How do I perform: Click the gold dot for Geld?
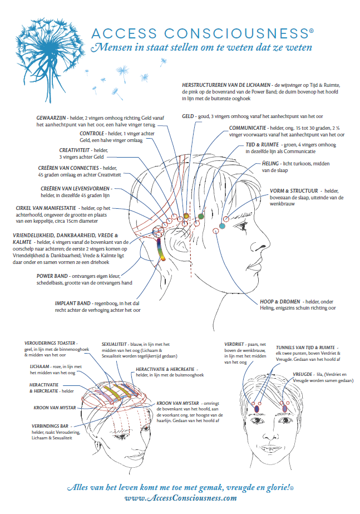click(x=186, y=216)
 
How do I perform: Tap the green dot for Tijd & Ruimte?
click(x=201, y=216)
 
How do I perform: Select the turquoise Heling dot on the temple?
click(x=222, y=226)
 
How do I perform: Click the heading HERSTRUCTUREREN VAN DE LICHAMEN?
click(x=226, y=85)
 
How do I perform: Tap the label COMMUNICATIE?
click(x=248, y=128)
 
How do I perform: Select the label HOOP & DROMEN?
click(x=280, y=302)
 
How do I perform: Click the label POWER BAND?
click(x=52, y=276)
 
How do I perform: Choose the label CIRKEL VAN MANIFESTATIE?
click(x=46, y=208)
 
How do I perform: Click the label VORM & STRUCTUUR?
click(x=294, y=191)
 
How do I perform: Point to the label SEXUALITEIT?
click(x=114, y=344)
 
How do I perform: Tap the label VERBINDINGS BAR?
click(x=50, y=426)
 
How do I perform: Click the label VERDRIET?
click(x=234, y=344)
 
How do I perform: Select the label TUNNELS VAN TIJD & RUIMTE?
click(x=305, y=347)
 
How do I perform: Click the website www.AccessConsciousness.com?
click(x=180, y=498)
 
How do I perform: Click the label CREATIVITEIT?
click(x=75, y=150)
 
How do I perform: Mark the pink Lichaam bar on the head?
click(x=105, y=394)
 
